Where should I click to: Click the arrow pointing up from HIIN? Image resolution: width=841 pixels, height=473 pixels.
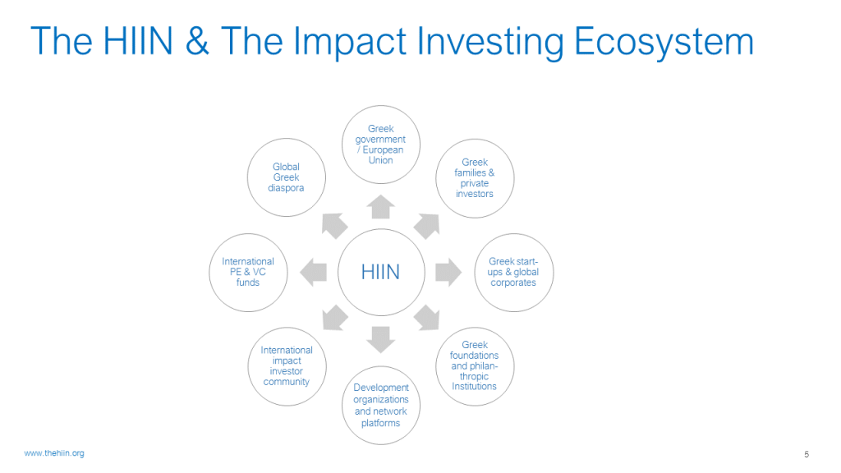click(x=381, y=208)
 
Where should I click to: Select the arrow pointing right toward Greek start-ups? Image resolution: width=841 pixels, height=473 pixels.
click(x=448, y=273)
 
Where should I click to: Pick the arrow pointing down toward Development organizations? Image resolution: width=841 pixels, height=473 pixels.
click(x=381, y=339)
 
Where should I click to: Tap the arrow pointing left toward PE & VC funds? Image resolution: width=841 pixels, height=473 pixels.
click(x=313, y=273)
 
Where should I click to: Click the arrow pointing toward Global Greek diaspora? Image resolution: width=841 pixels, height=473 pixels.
click(x=333, y=225)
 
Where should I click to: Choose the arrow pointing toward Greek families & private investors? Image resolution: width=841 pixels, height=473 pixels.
click(x=427, y=225)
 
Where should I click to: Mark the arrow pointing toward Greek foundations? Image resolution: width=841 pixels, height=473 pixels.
click(x=427, y=318)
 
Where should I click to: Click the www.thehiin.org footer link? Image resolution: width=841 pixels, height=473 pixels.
click(x=54, y=453)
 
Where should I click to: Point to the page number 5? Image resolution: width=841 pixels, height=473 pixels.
click(x=807, y=454)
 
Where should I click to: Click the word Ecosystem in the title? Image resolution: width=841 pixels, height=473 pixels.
click(x=664, y=41)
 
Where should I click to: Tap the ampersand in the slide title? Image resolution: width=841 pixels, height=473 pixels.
click(x=197, y=41)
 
